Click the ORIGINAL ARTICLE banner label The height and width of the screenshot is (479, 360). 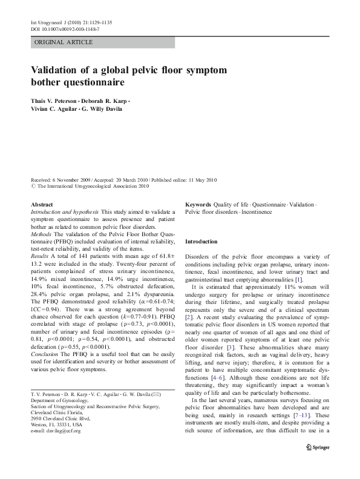[x=64, y=42]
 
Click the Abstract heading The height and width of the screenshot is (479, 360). [x=42, y=205]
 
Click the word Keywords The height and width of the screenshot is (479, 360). [x=198, y=205]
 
